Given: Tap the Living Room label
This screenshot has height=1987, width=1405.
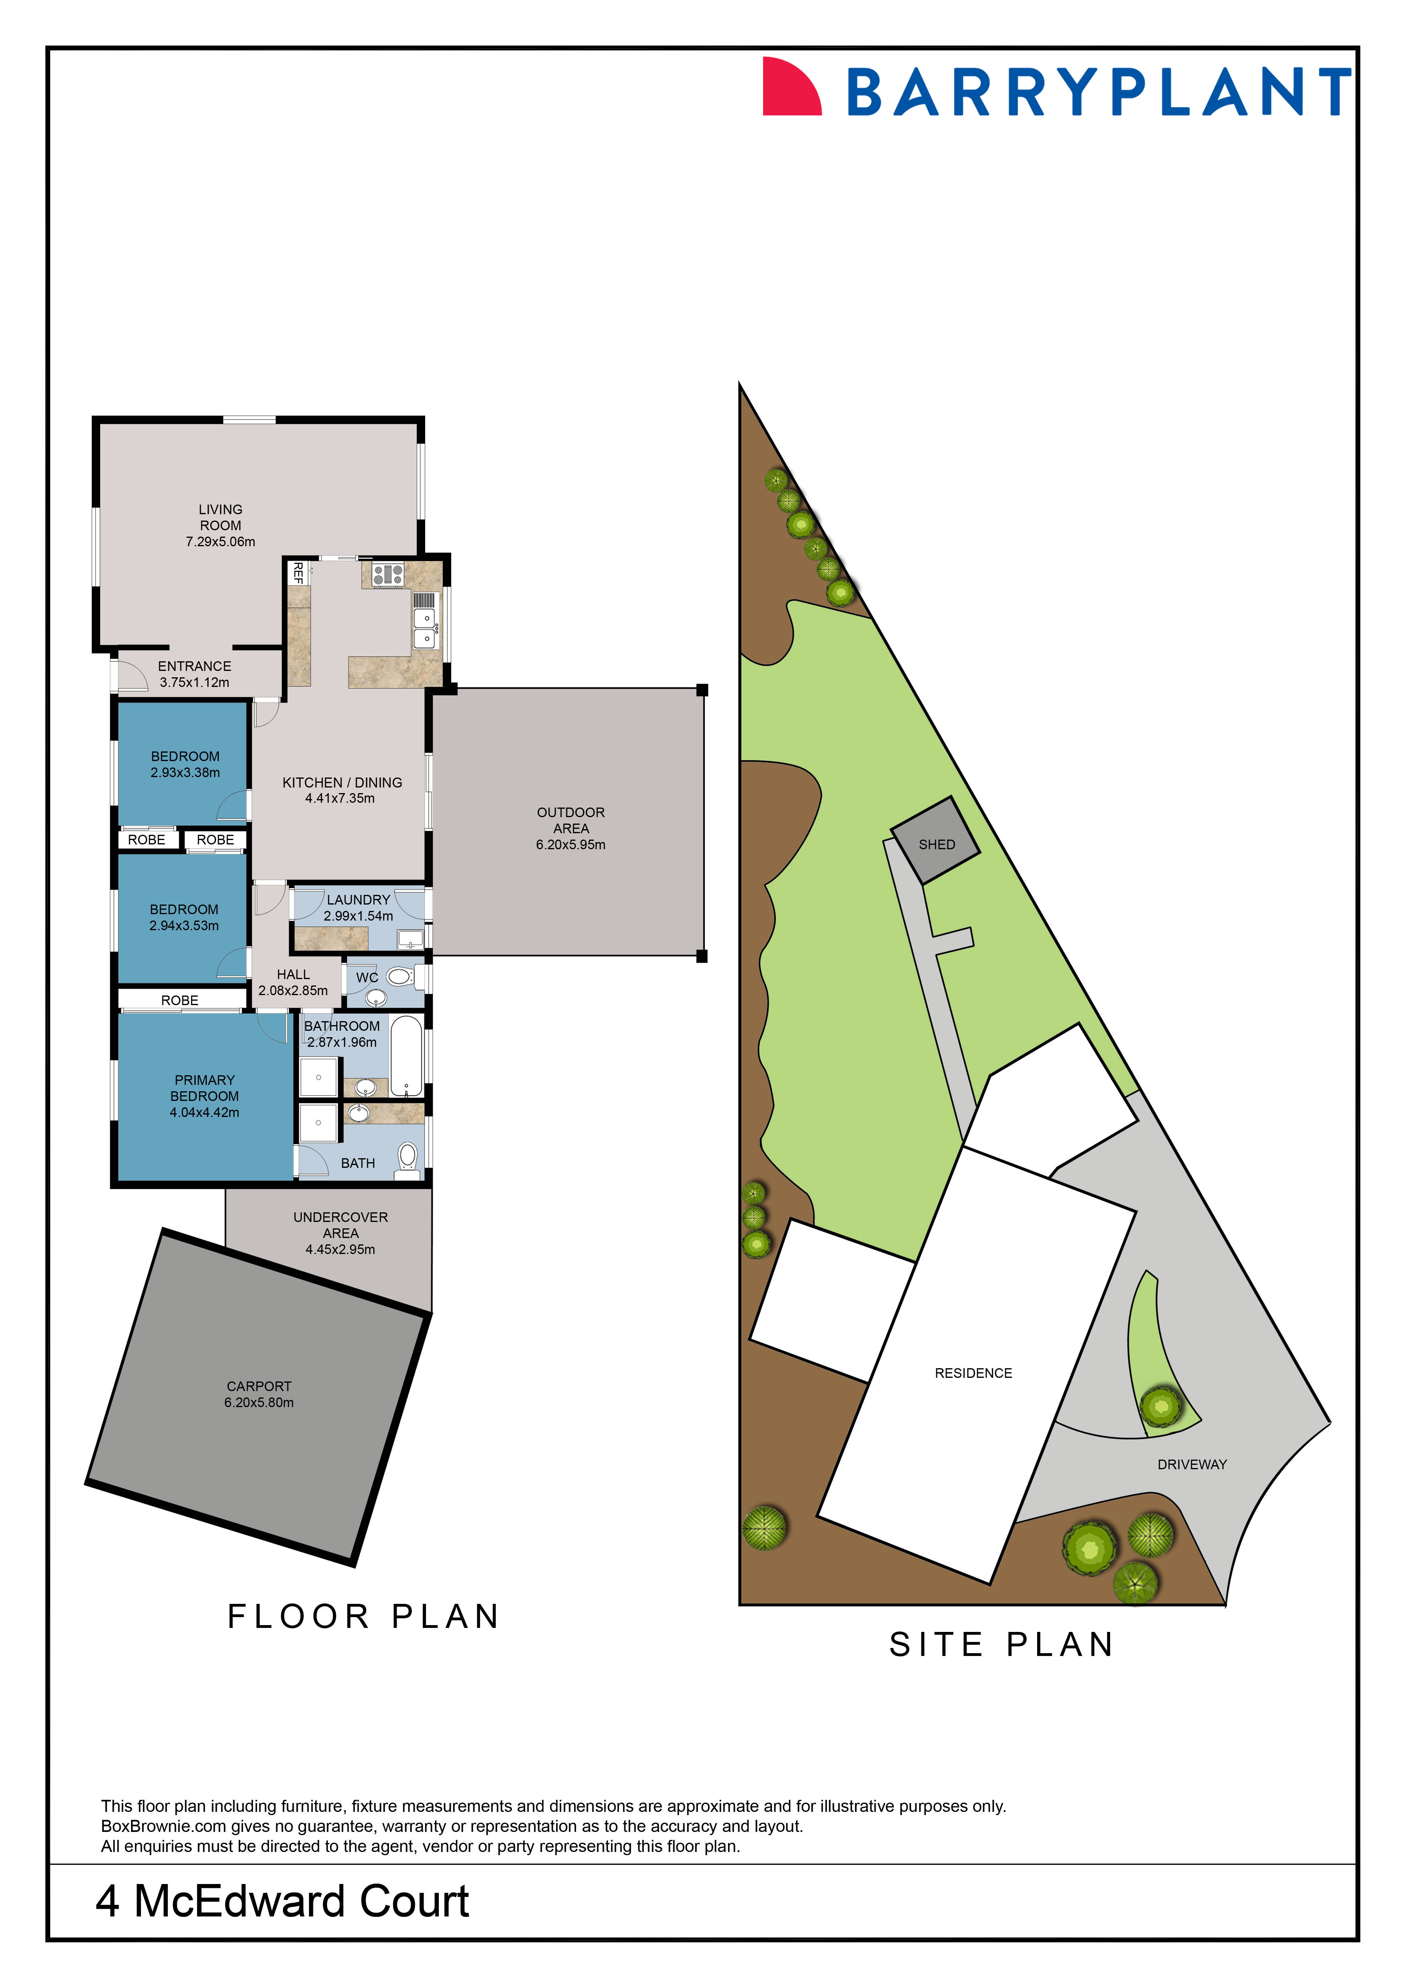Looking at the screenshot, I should click(221, 517).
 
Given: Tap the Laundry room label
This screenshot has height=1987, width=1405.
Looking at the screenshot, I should click(358, 900).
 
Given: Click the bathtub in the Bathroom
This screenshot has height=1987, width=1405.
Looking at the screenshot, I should click(406, 1056).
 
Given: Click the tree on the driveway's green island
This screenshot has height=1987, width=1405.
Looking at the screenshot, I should click(1160, 1406).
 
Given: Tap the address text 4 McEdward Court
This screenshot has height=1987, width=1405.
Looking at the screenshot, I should click(282, 1901).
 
